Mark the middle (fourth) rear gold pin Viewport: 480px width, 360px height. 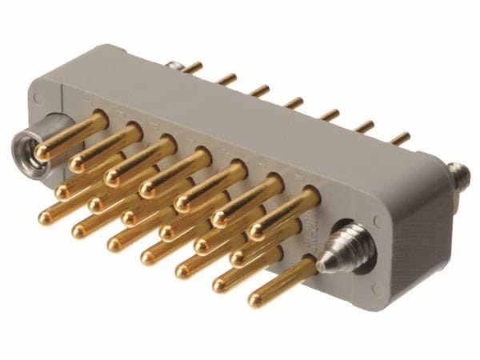tap(294, 102)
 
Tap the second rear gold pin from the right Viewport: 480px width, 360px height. tap(365, 126)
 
